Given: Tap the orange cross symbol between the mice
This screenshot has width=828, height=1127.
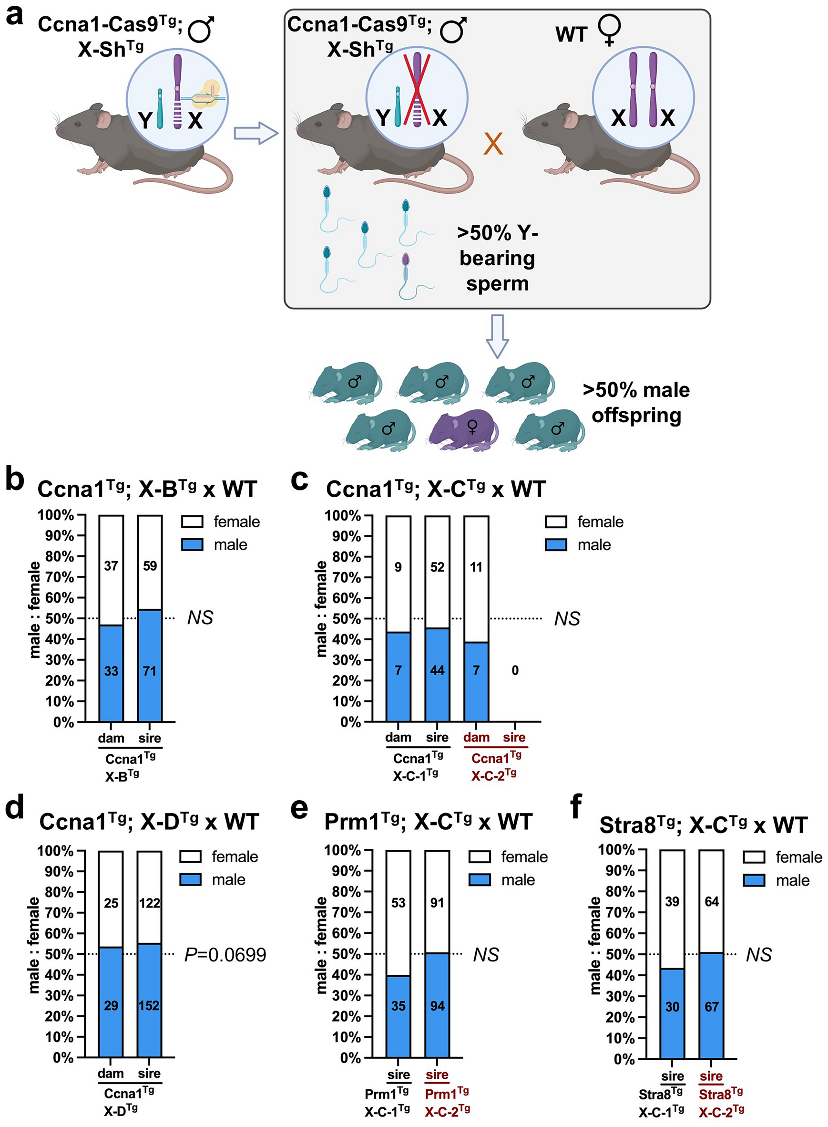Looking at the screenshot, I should click(493, 144).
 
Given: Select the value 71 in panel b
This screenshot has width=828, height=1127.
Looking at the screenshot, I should click(150, 670).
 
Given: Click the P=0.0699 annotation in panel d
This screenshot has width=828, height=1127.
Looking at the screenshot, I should click(225, 954).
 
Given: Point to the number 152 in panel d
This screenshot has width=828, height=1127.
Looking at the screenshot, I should click(149, 1006).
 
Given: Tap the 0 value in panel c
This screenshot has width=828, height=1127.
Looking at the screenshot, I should click(515, 670).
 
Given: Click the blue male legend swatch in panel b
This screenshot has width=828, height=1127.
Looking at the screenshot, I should click(192, 545).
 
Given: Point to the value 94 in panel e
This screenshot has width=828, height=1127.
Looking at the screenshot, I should click(437, 1006).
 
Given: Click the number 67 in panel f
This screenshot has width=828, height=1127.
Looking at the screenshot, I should click(711, 1006).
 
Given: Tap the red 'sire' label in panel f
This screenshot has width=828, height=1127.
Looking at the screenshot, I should click(711, 1076).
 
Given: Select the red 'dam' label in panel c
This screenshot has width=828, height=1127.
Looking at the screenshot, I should click(476, 737).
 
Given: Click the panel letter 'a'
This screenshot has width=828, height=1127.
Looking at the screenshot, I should click(14, 15).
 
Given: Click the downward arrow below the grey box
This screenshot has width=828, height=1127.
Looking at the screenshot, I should click(497, 335).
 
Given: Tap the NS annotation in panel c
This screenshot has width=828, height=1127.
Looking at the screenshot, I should click(567, 618).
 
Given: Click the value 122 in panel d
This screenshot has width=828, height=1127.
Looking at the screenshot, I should click(149, 903).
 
